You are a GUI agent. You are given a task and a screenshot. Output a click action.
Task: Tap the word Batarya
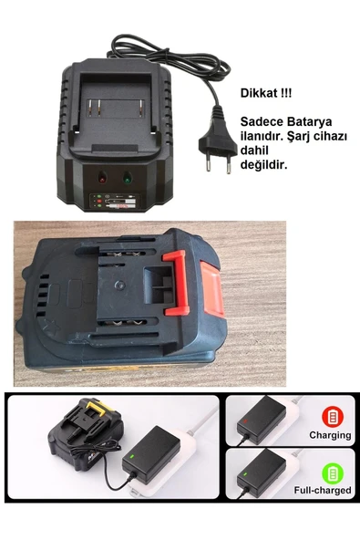[x=309, y=120]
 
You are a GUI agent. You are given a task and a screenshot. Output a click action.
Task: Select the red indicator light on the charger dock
[x=101, y=178]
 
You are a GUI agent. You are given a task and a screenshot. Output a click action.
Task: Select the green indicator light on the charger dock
[x=127, y=178]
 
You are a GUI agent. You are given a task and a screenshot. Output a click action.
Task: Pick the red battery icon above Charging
[x=333, y=416]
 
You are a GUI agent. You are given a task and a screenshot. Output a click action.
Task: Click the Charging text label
[x=329, y=435]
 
